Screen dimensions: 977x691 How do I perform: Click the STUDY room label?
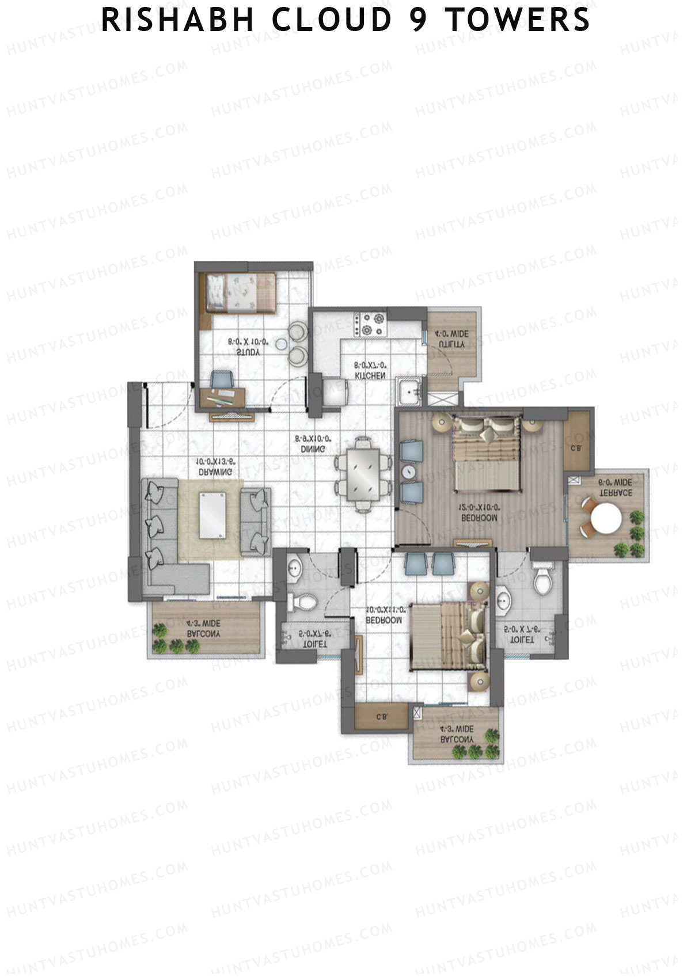pyautogui.click(x=248, y=352)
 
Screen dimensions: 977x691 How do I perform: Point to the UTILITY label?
pyautogui.click(x=451, y=344)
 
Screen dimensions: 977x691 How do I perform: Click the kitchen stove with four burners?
pyautogui.click(x=370, y=324)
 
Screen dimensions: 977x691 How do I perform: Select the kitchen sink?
pyautogui.click(x=409, y=393)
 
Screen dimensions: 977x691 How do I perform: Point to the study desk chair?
pyautogui.click(x=222, y=379)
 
